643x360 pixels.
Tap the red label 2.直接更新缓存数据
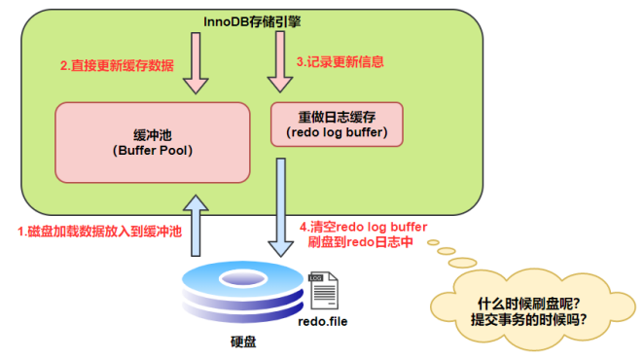(118, 66)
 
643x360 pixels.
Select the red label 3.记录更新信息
(340, 60)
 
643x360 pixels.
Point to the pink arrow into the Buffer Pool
(196, 62)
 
